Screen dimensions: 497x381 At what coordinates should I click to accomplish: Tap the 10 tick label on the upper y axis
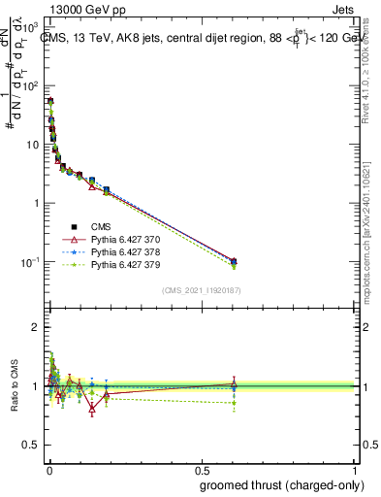pyautogui.click(x=36, y=145)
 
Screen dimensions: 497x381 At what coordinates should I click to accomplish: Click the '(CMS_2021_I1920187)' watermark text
pyautogui.click(x=201, y=290)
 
